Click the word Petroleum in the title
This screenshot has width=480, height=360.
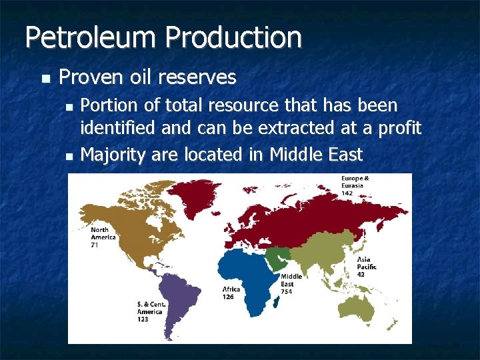pyautogui.click(x=91, y=38)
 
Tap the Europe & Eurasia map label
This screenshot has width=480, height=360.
pyautogui.click(x=355, y=182)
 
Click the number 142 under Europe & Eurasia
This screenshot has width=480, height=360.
pyautogui.click(x=347, y=193)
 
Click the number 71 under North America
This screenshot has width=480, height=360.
pyautogui.click(x=95, y=245)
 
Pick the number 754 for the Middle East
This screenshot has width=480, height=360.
pyautogui.click(x=287, y=291)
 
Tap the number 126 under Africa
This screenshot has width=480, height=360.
pyautogui.click(x=229, y=297)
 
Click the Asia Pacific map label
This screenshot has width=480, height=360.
pyautogui.click(x=366, y=263)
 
